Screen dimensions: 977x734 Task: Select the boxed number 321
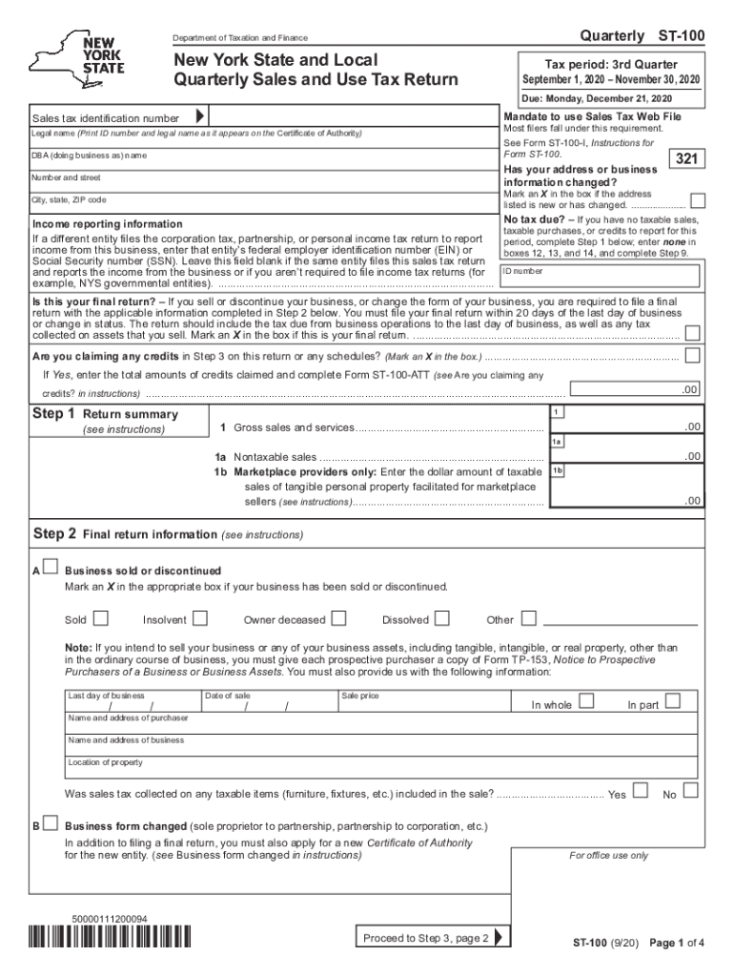pyautogui.click(x=687, y=159)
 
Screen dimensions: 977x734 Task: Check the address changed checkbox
pyautogui.click(x=698, y=201)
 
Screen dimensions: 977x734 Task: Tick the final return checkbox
pyautogui.click(x=693, y=332)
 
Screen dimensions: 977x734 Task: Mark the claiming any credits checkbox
pyautogui.click(x=693, y=356)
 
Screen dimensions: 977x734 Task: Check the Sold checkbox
pyautogui.click(x=100, y=618)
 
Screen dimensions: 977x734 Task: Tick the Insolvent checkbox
pyautogui.click(x=200, y=618)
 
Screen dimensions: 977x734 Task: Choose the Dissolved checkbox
pyautogui.click(x=442, y=618)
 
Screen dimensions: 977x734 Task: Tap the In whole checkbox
pyautogui.click(x=587, y=701)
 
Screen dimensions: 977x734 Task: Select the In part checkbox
pyautogui.click(x=672, y=701)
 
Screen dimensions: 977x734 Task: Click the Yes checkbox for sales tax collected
pyautogui.click(x=641, y=790)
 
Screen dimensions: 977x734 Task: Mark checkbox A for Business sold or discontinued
pyautogui.click(x=51, y=569)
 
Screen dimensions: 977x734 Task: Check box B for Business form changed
pyautogui.click(x=51, y=822)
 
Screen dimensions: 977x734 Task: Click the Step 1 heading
pyautogui.click(x=52, y=414)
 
